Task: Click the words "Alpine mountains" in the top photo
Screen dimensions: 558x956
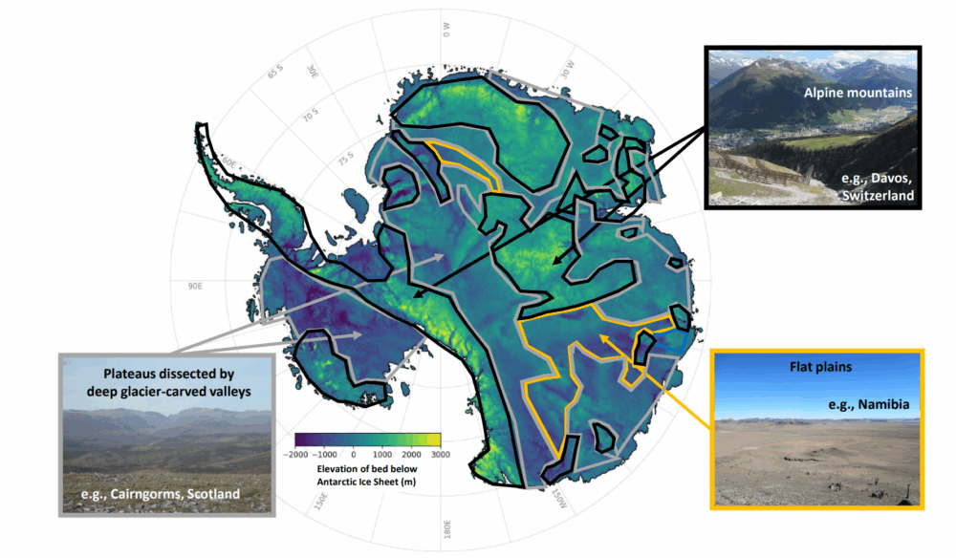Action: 858,94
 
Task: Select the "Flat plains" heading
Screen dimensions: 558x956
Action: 818,367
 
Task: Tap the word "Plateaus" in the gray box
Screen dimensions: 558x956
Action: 127,373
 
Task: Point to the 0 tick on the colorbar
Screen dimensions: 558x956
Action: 354,456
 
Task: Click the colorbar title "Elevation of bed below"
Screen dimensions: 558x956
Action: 367,469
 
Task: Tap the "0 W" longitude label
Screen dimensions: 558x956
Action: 445,32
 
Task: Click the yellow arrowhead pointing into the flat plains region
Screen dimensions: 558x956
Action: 603,338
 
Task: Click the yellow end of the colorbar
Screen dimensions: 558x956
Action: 436,440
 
